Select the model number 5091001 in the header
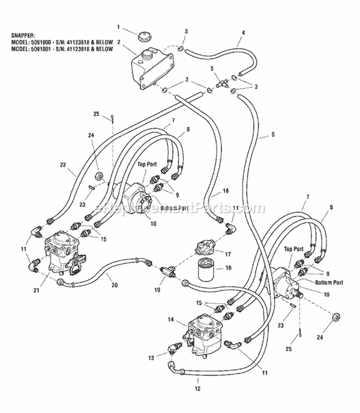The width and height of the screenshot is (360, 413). point(41,48)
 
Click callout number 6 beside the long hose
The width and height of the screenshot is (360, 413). point(273,135)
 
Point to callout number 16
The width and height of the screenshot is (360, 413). point(228,268)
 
